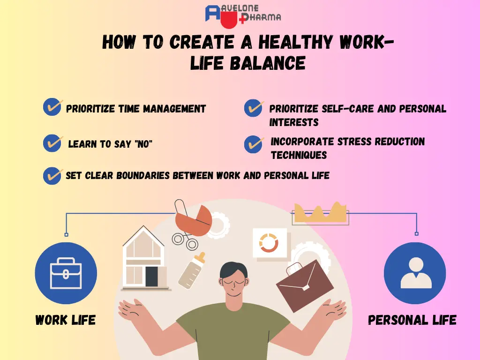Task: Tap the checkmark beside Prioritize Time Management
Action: click(x=52, y=107)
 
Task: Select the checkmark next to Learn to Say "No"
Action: click(x=52, y=142)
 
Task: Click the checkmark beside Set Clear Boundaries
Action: click(x=52, y=175)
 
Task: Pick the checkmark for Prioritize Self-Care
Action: click(x=254, y=108)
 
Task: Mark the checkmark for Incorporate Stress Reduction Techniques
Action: click(x=254, y=144)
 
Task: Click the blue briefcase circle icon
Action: click(x=66, y=273)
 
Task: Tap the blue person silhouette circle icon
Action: click(x=414, y=273)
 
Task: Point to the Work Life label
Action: click(x=66, y=321)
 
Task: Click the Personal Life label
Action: click(x=412, y=321)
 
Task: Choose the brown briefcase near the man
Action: click(x=304, y=285)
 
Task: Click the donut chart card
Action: click(x=269, y=243)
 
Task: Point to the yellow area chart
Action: click(x=320, y=213)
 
